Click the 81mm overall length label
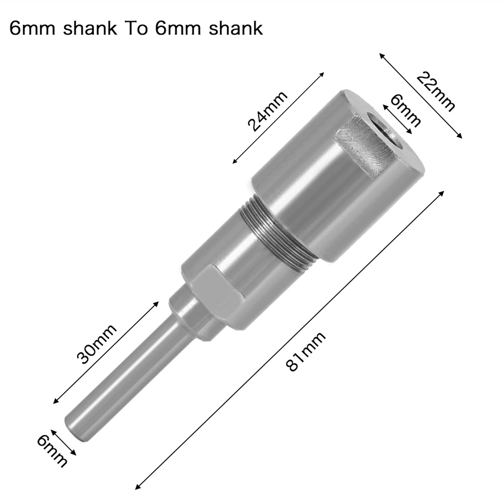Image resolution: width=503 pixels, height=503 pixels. pos(306,352)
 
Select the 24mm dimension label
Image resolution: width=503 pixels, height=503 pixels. pos(267,111)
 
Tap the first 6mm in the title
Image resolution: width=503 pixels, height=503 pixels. pos(32,29)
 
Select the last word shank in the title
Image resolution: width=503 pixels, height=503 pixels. pos(236,29)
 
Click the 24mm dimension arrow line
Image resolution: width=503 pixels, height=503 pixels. pos(278,118)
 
